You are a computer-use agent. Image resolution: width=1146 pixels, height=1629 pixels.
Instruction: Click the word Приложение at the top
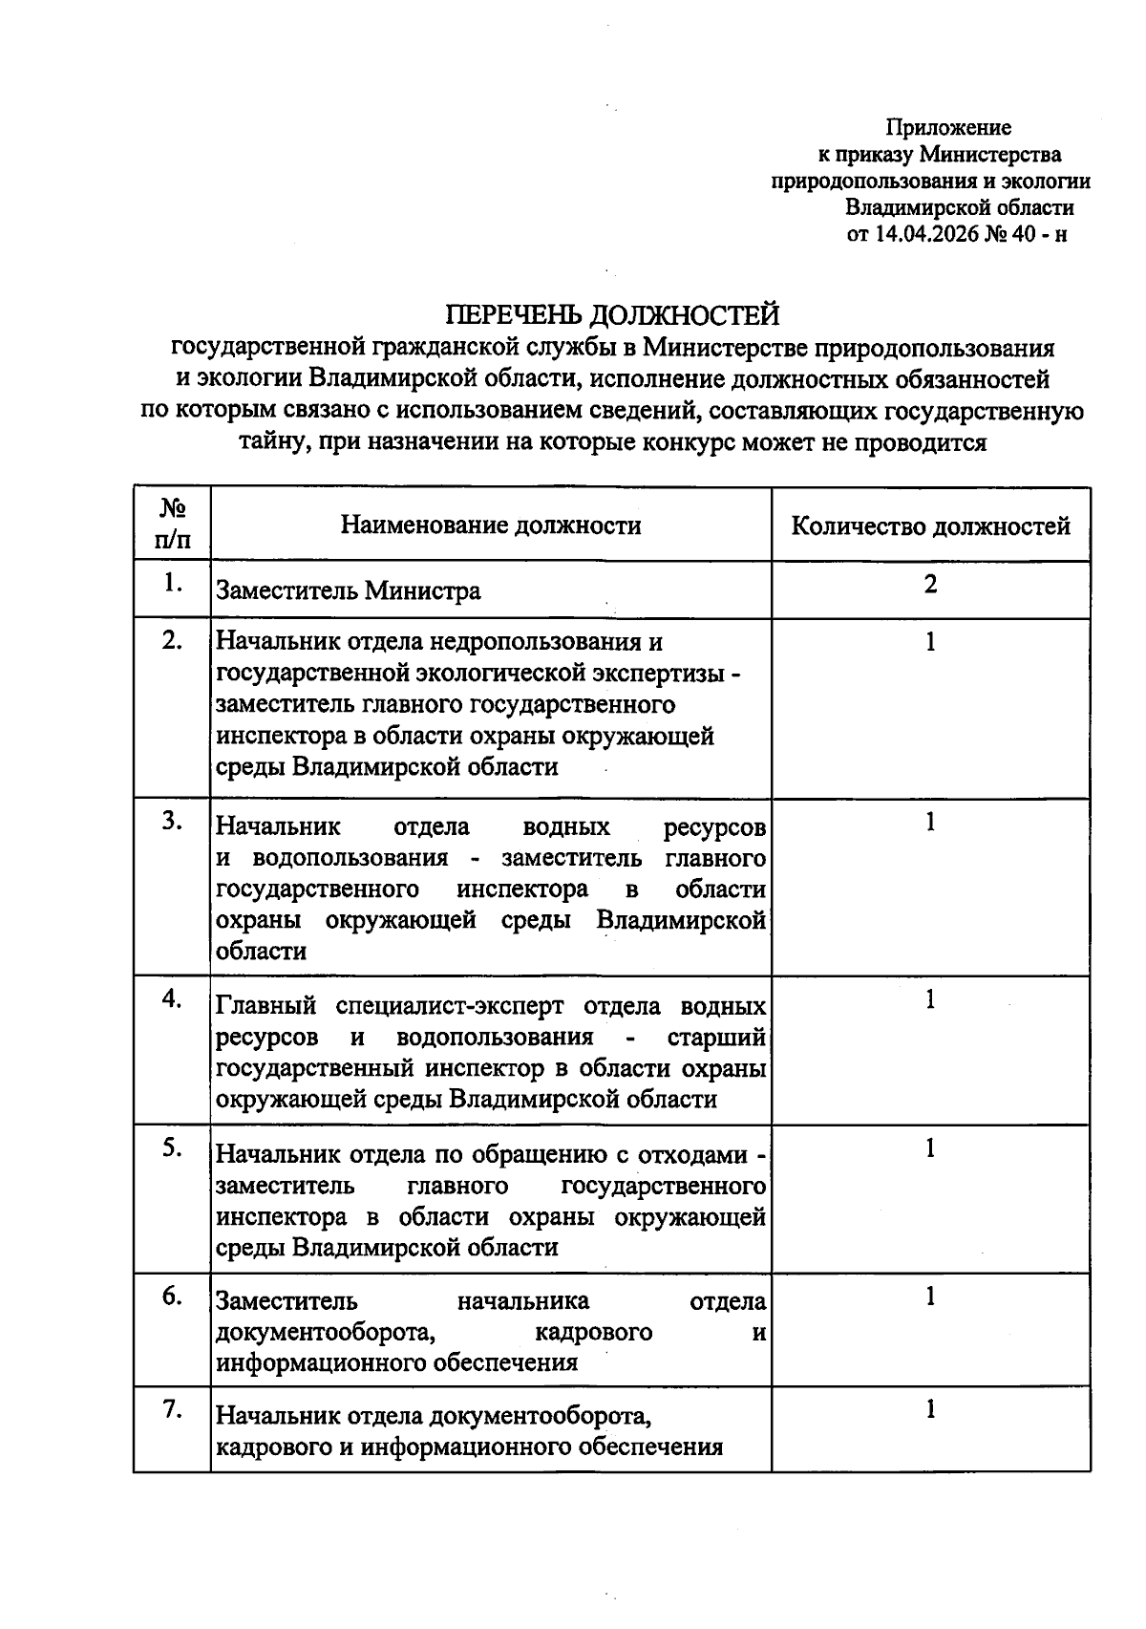[x=948, y=127]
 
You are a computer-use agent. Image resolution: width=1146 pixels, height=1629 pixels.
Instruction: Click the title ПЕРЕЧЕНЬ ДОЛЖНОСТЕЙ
[x=613, y=314]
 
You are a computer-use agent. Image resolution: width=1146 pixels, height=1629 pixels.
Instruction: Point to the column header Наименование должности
[x=491, y=525]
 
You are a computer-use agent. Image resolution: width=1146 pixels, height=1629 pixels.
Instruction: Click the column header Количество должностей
[x=931, y=525]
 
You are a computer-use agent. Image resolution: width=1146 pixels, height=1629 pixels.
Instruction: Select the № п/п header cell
[x=172, y=524]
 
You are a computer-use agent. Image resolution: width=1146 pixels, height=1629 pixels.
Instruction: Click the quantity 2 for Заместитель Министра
[x=930, y=584]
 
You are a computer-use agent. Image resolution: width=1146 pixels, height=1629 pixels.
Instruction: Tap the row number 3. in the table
[x=172, y=822]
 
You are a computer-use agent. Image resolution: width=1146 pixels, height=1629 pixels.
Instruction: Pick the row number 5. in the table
[x=172, y=1147]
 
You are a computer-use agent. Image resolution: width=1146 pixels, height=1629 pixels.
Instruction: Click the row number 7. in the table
[x=172, y=1409]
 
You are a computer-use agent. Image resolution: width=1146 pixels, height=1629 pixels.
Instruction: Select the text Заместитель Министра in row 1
[x=349, y=590]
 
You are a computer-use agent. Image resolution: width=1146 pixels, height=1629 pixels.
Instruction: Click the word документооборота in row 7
[x=541, y=1415]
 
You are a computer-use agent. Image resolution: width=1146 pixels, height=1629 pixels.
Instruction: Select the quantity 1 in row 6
[x=930, y=1297]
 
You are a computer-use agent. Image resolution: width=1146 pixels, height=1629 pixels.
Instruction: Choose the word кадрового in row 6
[x=594, y=1332]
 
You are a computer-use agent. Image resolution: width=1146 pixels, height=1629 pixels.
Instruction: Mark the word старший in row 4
[x=717, y=1037]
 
